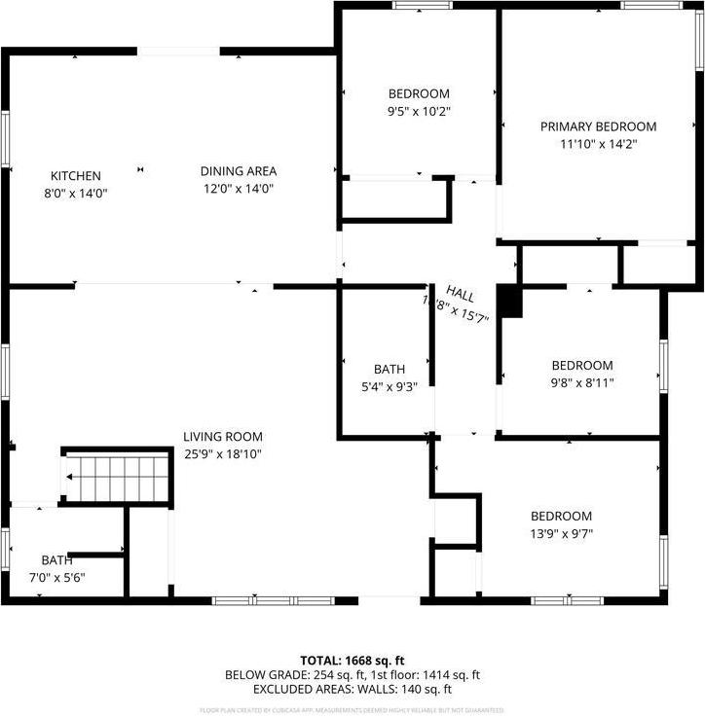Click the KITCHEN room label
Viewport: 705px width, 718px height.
click(x=76, y=176)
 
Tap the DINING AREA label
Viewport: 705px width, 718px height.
click(x=239, y=171)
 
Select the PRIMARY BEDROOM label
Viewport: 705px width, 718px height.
click(x=598, y=126)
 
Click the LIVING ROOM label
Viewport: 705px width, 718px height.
click(x=223, y=437)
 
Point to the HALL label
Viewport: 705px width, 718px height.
click(x=460, y=293)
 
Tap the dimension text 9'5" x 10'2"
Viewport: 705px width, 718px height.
click(x=419, y=111)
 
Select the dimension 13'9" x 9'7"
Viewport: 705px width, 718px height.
click(x=561, y=533)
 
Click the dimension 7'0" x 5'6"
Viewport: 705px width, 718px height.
click(x=56, y=578)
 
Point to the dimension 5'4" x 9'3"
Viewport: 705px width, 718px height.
click(x=390, y=386)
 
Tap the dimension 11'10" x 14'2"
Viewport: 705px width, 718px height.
click(x=598, y=144)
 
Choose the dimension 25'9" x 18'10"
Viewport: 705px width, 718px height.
click(x=223, y=454)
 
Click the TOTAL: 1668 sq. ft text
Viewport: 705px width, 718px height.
click(x=352, y=660)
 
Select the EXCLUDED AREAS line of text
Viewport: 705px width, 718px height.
click(x=352, y=689)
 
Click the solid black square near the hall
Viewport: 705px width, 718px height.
click(x=510, y=301)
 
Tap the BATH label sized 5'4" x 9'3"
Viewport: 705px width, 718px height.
click(x=390, y=369)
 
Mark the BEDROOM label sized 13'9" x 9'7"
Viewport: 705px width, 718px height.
click(x=561, y=516)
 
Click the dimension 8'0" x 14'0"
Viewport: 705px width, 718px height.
click(x=76, y=193)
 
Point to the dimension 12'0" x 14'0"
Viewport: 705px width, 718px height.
click(x=239, y=189)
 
